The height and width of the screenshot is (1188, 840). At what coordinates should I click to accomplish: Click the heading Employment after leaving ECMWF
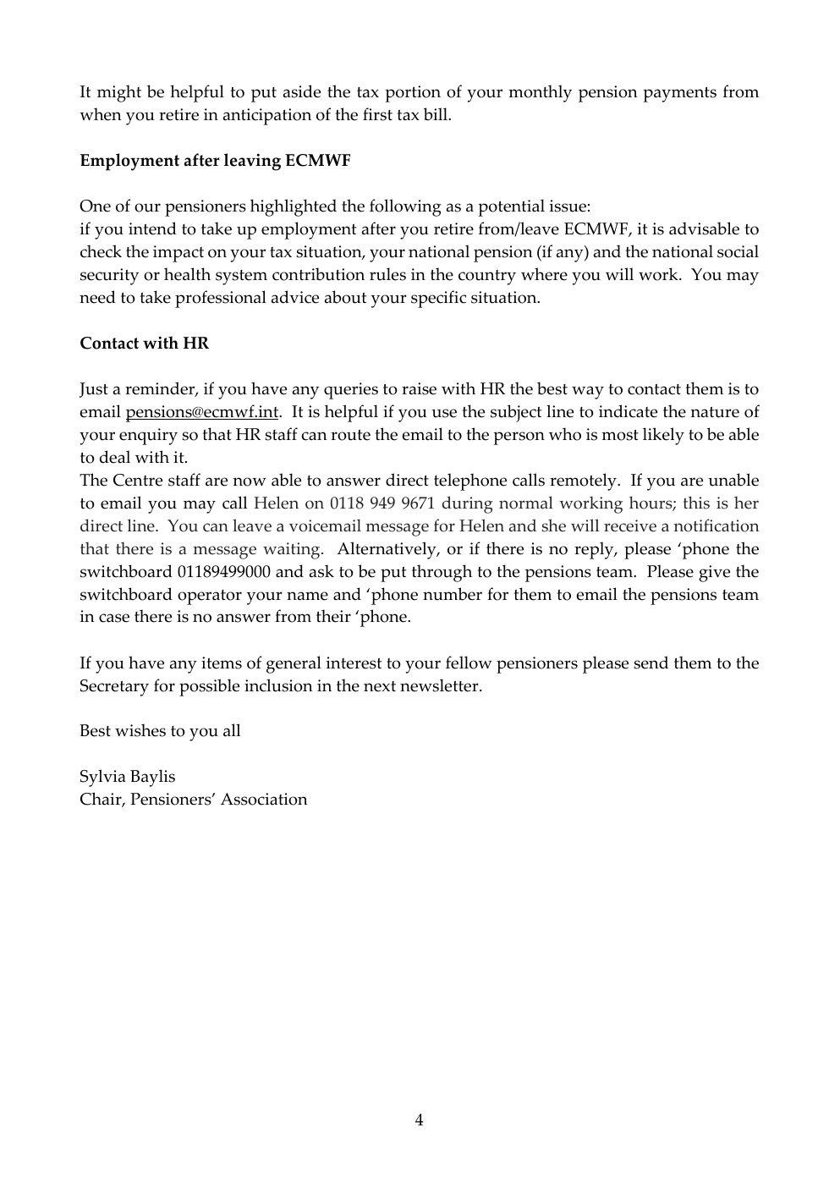(215, 161)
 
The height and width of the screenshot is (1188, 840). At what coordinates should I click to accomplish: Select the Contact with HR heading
(144, 344)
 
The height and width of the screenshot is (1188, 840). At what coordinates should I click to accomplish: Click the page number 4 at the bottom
(420, 1121)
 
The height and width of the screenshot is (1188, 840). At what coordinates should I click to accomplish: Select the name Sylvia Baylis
(128, 777)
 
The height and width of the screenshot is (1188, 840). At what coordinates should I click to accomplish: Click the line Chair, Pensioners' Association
(193, 800)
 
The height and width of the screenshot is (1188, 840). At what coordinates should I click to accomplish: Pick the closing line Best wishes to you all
(160, 731)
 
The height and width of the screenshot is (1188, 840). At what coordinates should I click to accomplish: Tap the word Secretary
(114, 686)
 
